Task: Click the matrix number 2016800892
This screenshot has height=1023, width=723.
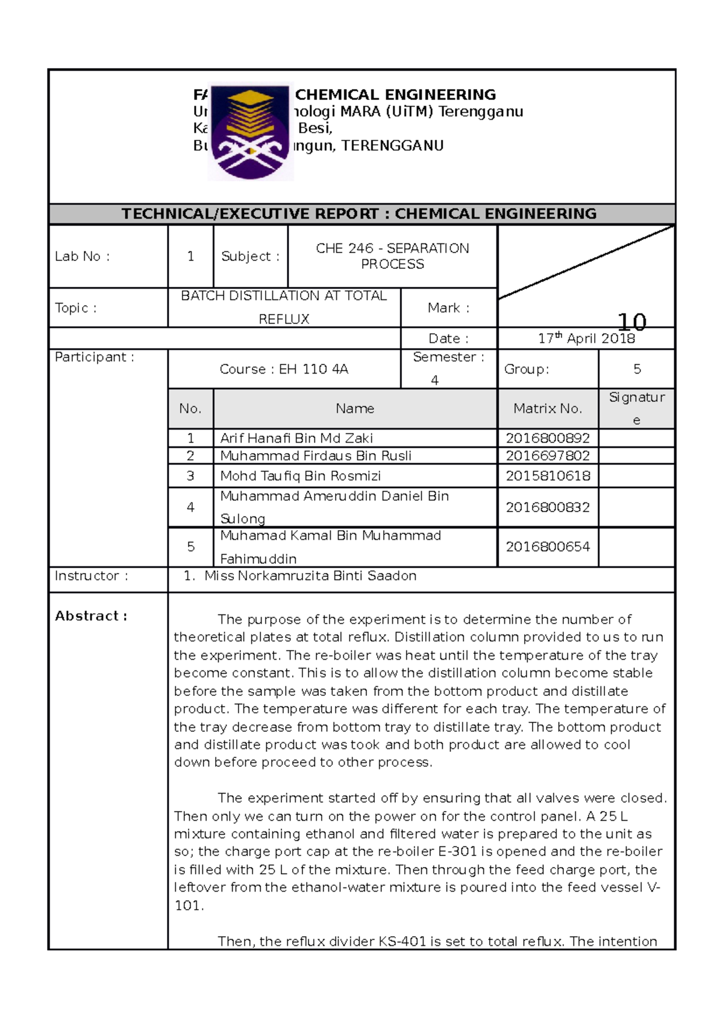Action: click(548, 438)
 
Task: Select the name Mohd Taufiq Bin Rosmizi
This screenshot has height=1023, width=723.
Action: click(300, 476)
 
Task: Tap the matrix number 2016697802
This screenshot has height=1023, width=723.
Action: click(548, 455)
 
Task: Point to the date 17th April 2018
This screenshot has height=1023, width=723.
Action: click(586, 339)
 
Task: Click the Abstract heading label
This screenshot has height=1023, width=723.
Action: click(91, 616)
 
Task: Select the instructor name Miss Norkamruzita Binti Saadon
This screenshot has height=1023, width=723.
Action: click(310, 576)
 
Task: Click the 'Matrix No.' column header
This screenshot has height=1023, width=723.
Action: click(548, 408)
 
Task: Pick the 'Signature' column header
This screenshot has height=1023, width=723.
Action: click(636, 408)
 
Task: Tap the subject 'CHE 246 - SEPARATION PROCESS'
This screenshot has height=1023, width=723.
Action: click(392, 256)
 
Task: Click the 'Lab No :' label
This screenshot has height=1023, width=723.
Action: click(82, 256)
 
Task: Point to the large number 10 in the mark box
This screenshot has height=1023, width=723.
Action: click(632, 322)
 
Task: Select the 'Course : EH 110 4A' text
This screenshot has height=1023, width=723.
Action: click(284, 369)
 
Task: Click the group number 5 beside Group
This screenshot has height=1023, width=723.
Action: click(637, 369)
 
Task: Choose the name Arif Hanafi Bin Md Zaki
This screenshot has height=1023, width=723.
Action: click(296, 438)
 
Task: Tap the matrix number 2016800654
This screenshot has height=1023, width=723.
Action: click(548, 546)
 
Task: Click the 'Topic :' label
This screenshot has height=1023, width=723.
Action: click(75, 308)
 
